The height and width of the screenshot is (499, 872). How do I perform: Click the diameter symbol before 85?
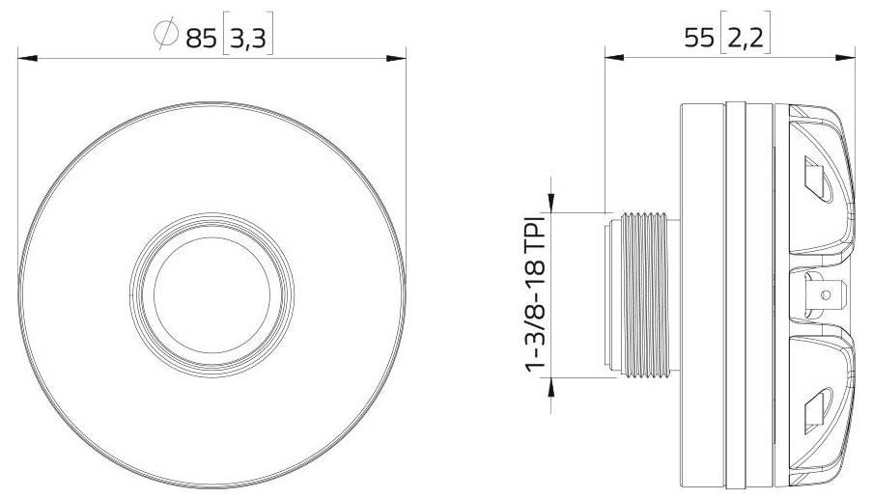pos(164,36)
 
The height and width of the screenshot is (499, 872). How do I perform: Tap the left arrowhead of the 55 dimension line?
pos(614,59)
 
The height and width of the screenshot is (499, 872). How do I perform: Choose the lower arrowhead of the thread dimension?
pos(550,385)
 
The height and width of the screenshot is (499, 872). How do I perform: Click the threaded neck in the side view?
pos(642,293)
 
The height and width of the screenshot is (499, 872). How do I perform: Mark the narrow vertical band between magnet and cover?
pos(736,293)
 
